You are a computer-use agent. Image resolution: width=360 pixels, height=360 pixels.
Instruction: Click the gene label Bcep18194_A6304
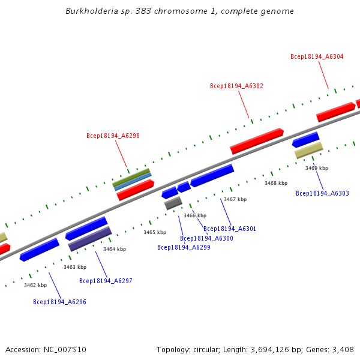point(317,56)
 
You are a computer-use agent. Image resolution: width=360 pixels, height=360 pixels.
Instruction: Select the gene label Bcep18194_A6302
point(236,86)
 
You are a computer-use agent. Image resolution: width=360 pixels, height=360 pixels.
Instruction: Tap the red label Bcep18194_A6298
point(113,136)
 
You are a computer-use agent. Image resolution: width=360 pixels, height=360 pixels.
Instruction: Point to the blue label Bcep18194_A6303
point(322,194)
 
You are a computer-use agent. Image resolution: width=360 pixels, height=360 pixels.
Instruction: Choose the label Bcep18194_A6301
point(230,229)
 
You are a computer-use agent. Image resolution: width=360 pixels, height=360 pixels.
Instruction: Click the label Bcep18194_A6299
point(184,247)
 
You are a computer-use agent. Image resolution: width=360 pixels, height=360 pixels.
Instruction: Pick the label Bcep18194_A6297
point(106,281)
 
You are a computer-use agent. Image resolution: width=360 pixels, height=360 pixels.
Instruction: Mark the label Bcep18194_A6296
point(59,302)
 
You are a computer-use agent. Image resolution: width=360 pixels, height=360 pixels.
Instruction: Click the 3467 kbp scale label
point(235,199)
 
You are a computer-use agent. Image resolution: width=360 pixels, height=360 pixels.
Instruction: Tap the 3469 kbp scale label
point(317,169)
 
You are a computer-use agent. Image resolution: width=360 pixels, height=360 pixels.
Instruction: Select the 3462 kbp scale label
point(35,286)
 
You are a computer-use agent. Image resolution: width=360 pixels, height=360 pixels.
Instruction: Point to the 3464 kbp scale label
point(115,249)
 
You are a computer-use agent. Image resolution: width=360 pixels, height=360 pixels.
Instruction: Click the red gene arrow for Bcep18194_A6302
point(257,141)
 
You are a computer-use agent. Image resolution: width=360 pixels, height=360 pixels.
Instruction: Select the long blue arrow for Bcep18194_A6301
point(212,176)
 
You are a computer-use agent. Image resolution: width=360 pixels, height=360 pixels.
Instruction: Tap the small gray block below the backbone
point(173,203)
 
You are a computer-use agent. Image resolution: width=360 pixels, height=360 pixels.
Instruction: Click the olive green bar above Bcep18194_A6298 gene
point(131,177)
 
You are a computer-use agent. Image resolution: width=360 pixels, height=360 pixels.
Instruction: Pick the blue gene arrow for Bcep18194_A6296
point(40,250)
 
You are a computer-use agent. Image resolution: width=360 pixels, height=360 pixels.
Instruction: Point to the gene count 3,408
point(343,350)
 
